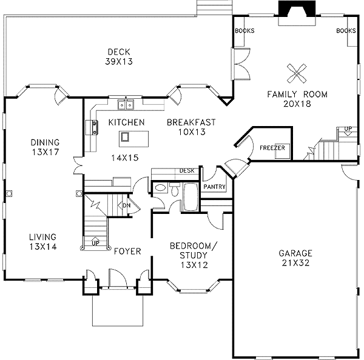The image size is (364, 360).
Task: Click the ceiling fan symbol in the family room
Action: coord(297,74)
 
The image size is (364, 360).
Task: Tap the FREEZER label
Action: coord(272,147)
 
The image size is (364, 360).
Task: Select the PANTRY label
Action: coord(215,187)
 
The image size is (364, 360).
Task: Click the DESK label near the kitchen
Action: coord(186,171)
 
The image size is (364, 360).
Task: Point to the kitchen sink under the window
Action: coord(127,105)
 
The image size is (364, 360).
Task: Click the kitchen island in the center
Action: coord(125,137)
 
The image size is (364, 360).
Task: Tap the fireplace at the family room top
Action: coord(295,12)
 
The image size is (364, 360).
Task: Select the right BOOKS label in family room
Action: coord(345,31)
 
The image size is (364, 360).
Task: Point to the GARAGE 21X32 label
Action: coord(295,258)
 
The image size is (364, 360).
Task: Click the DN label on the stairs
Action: coord(127,205)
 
